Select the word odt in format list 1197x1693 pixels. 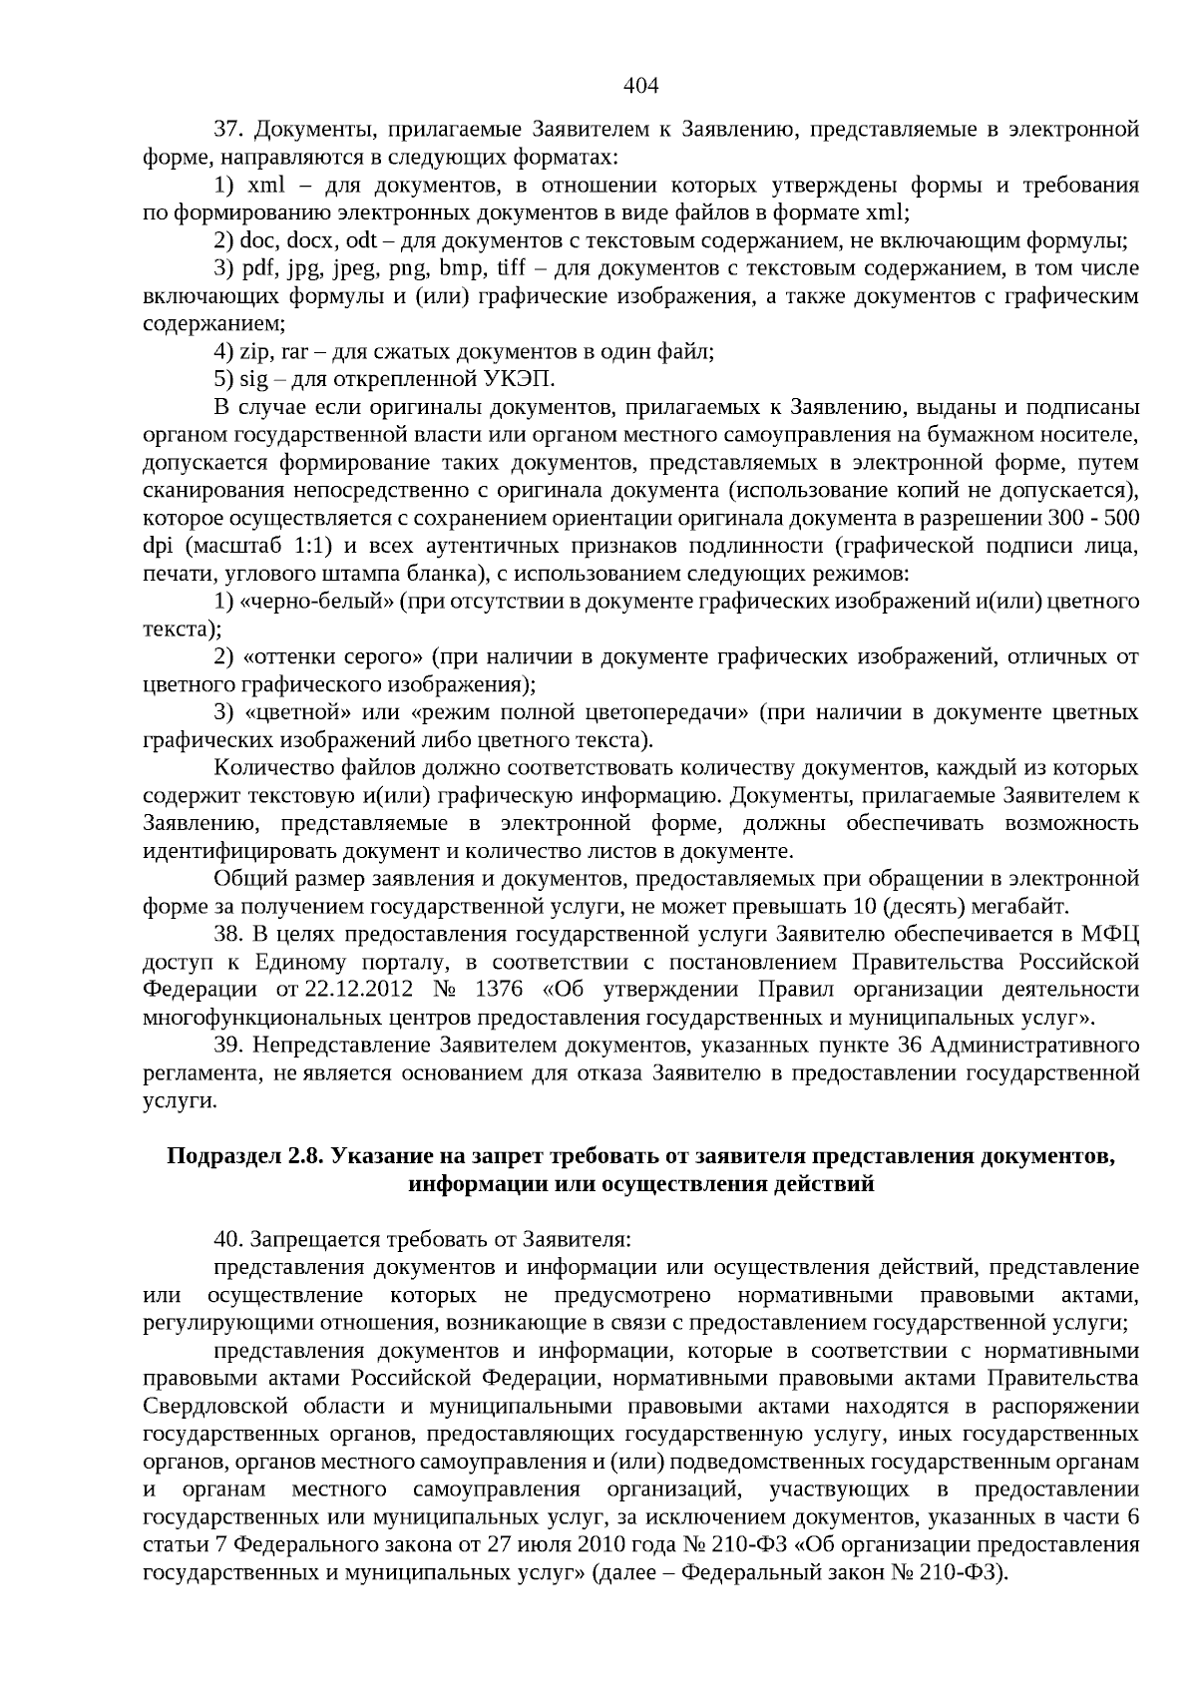coord(361,240)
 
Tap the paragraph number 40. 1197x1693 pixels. coord(229,1240)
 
